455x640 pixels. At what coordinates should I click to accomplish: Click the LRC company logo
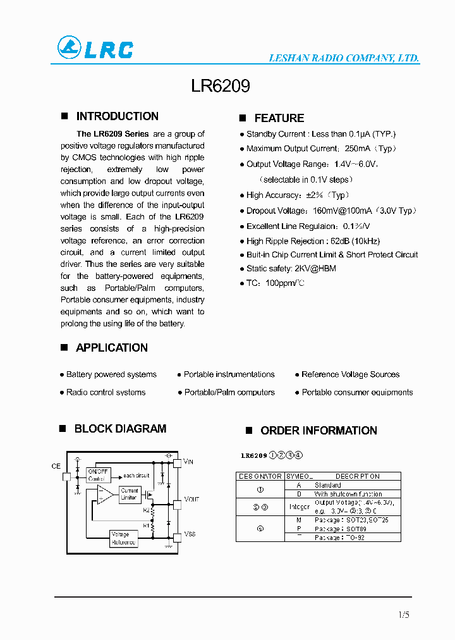point(95,49)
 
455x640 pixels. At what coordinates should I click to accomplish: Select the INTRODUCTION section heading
point(117,116)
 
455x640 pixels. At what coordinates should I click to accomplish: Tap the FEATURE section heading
point(279,118)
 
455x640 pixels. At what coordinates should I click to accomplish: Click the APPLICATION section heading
point(111,348)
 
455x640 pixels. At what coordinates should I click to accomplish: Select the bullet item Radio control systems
point(106,393)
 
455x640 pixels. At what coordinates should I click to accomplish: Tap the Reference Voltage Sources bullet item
point(350,374)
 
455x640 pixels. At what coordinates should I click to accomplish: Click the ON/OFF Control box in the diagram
point(99,475)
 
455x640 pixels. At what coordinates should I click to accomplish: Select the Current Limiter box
point(129,494)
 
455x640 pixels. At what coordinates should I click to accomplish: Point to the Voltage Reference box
point(124,538)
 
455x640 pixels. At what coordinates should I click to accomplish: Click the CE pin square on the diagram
point(67,476)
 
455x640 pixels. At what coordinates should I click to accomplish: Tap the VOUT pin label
point(191,500)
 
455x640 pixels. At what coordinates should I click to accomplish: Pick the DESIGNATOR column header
point(260,476)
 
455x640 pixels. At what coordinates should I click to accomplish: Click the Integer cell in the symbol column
point(299,507)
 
